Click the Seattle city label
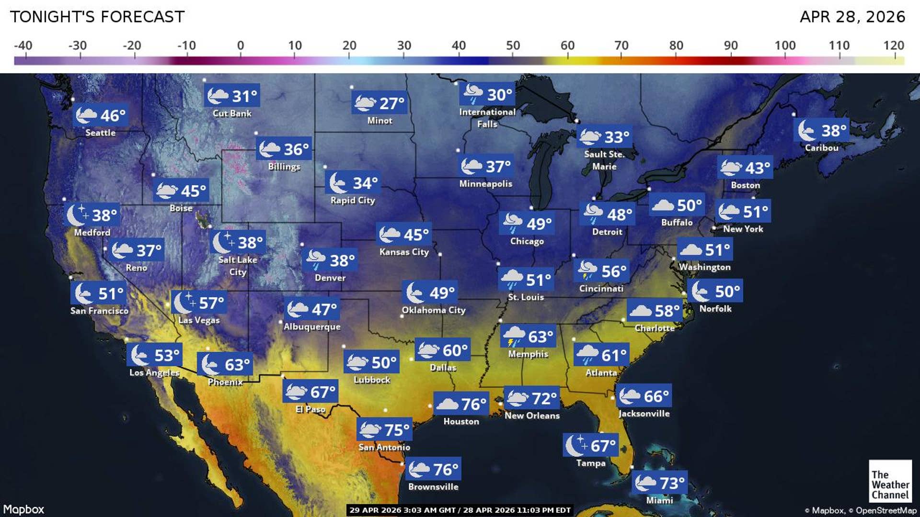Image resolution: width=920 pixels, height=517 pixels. tap(100, 133)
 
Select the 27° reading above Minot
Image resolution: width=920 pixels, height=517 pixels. tap(379, 103)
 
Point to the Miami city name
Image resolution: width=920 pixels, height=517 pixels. tap(659, 500)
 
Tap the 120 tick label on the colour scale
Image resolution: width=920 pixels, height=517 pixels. tap(893, 45)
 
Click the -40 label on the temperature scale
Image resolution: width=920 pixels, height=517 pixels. tap(23, 45)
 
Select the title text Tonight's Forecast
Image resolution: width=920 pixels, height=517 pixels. tap(97, 17)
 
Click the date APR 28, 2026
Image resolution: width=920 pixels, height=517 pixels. tap(852, 17)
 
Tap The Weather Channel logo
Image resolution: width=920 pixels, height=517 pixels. tap(890, 481)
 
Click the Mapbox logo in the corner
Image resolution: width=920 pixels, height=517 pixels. tap(23, 509)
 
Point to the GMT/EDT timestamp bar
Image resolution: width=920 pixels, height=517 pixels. tap(460, 510)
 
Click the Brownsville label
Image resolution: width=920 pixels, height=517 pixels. tap(433, 487)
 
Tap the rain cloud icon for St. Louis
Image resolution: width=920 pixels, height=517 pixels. tap(511, 279)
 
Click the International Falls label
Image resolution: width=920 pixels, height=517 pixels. tap(487, 118)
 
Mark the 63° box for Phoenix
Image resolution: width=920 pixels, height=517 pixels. tap(225, 365)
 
